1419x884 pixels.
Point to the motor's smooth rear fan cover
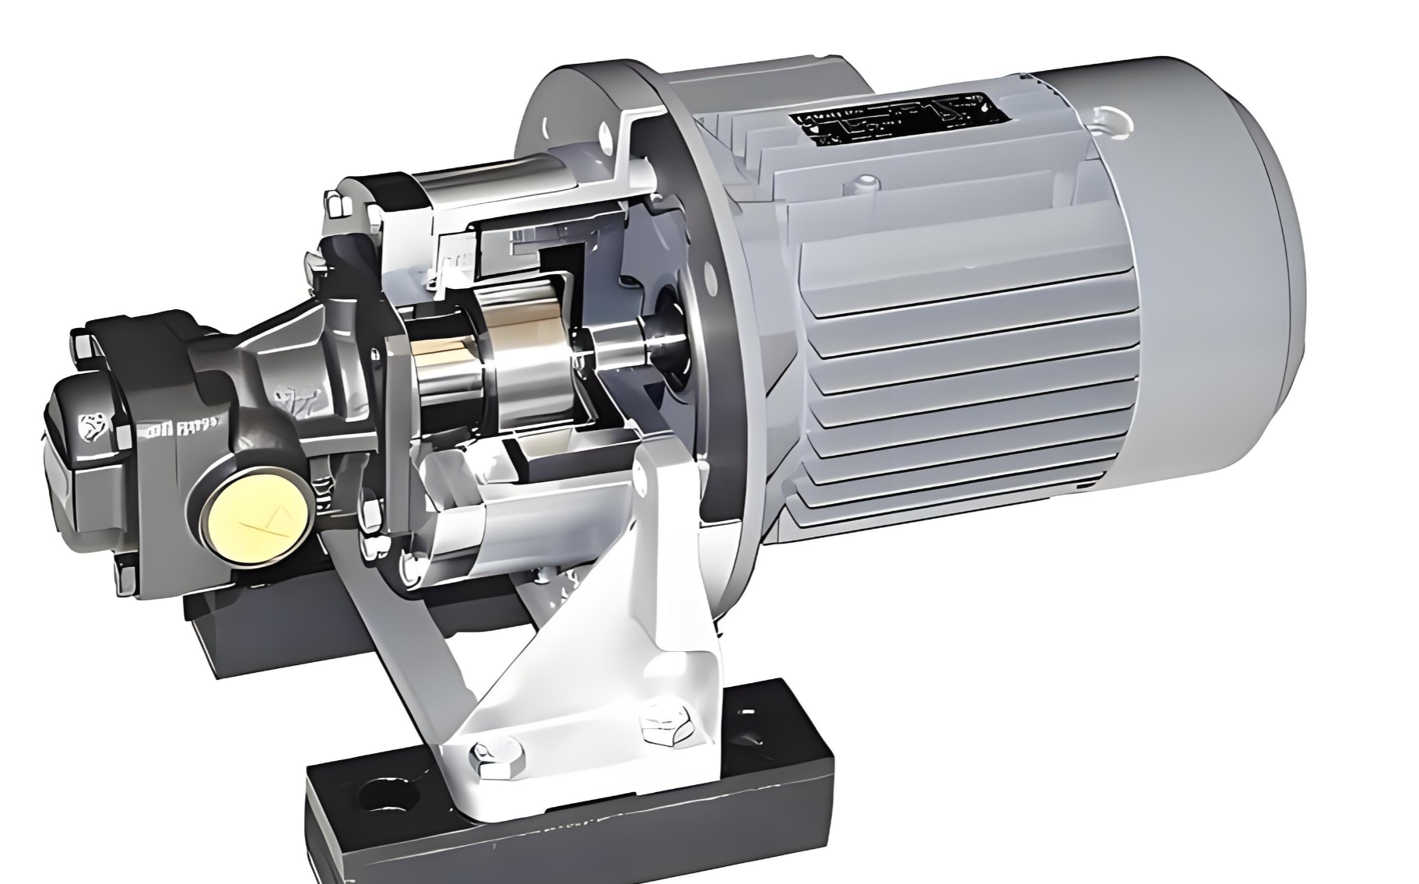[x=1214, y=257]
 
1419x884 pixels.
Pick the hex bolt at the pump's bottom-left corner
[x=125, y=576]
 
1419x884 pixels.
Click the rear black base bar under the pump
[x=257, y=631]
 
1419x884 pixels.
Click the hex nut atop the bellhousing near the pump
[x=336, y=204]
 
